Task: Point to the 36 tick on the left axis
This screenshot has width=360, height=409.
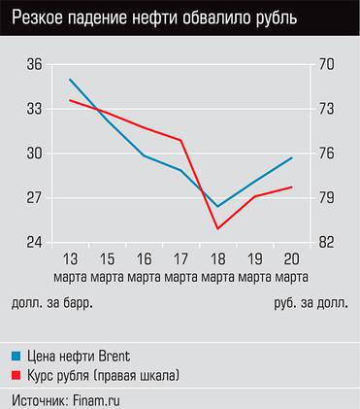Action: click(35, 65)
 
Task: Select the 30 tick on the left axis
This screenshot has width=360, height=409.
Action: click(35, 153)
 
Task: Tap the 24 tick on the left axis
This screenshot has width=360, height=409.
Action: click(35, 243)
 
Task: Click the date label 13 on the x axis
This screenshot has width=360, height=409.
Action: click(70, 259)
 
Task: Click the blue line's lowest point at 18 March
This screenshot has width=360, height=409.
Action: click(217, 206)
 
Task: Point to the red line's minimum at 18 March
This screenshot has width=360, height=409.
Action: click(217, 229)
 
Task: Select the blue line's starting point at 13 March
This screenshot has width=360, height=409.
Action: click(70, 79)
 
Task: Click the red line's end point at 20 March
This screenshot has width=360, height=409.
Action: click(291, 187)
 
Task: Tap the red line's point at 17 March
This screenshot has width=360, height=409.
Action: click(181, 141)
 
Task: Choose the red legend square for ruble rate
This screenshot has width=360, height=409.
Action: click(16, 374)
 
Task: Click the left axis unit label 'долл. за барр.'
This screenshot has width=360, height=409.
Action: click(52, 303)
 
